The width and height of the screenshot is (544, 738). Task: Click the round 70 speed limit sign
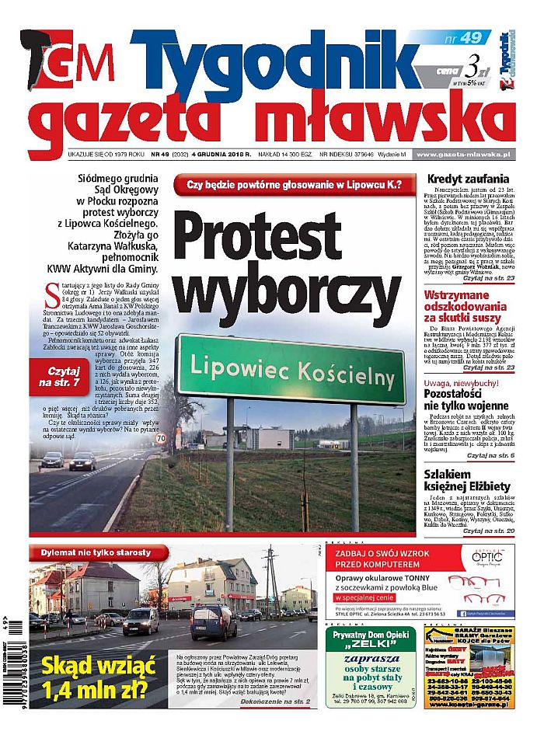182,439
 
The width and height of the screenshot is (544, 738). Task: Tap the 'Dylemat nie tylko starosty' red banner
97,552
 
